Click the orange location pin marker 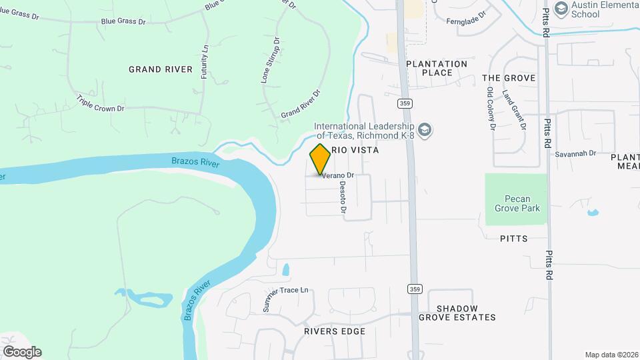coord(320,159)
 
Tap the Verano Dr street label coord(338,176)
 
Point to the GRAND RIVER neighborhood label coord(161,69)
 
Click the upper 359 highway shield coord(404,103)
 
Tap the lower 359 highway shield coord(415,289)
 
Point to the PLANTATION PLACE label coord(437,68)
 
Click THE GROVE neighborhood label coord(509,78)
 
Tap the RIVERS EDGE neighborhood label coord(335,331)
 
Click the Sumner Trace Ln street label coord(286,299)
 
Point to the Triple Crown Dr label coord(101,103)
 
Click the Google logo coord(22,351)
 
